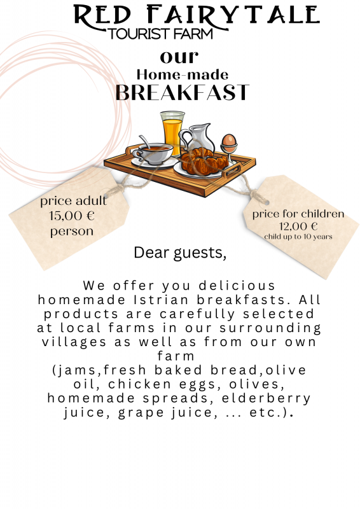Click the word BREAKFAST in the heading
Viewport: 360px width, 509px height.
point(183,92)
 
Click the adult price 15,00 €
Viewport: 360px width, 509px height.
point(72,216)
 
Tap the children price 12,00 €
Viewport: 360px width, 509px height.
point(298,226)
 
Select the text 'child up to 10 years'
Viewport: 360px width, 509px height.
point(298,237)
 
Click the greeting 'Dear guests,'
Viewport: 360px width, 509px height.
point(180,253)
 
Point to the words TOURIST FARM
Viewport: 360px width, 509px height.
point(160,34)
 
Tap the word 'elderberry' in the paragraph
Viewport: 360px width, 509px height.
point(267,398)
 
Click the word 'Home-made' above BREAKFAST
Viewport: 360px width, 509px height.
point(183,75)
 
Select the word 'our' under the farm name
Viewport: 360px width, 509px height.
point(179,57)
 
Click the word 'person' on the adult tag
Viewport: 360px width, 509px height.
point(72,232)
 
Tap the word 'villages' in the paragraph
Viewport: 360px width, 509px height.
point(74,342)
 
